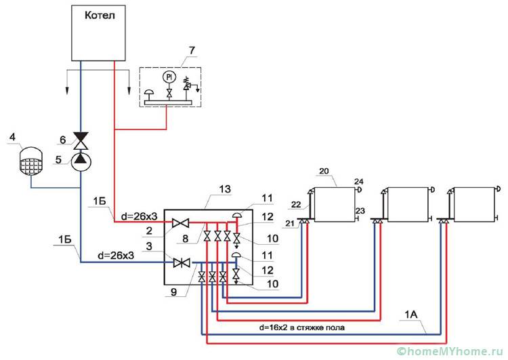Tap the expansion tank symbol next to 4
click(x=28, y=160)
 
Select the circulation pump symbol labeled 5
click(x=81, y=159)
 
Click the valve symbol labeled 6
click(x=81, y=140)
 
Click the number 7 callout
click(x=192, y=51)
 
